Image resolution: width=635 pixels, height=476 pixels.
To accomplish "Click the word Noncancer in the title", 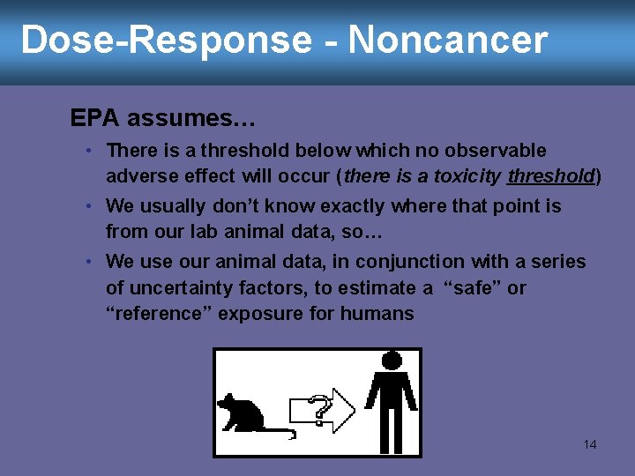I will pos(448,41).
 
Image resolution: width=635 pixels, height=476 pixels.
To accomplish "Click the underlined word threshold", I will pos(551,176).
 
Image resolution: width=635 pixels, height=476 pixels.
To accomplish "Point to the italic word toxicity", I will pos(467,176).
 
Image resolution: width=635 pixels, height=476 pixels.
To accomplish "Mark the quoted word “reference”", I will pos(159,314).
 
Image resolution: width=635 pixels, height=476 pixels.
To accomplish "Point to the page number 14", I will pos(590,444).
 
